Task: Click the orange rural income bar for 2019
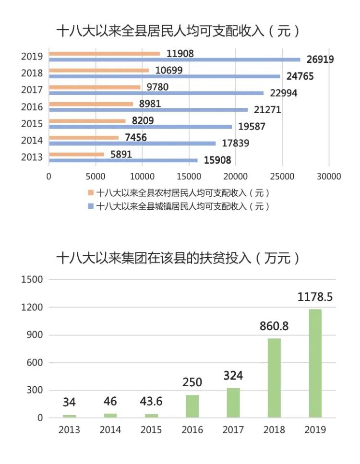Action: [x=104, y=54]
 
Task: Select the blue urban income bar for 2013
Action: [x=123, y=160]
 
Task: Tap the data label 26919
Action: [x=318, y=59]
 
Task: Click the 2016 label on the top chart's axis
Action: [x=32, y=107]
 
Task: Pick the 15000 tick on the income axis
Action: [x=189, y=177]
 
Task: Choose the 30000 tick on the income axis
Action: [x=329, y=177]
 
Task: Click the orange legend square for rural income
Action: [x=90, y=193]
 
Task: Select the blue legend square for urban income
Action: [x=90, y=207]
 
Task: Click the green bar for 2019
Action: [x=315, y=363]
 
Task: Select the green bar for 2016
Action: [x=192, y=406]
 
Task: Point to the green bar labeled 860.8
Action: [x=275, y=378]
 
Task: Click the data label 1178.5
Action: [x=315, y=297]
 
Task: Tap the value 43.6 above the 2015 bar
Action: [x=151, y=402]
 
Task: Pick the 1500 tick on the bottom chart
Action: [x=32, y=280]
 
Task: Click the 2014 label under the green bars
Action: [x=110, y=430]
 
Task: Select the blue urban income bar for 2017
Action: [x=156, y=93]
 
